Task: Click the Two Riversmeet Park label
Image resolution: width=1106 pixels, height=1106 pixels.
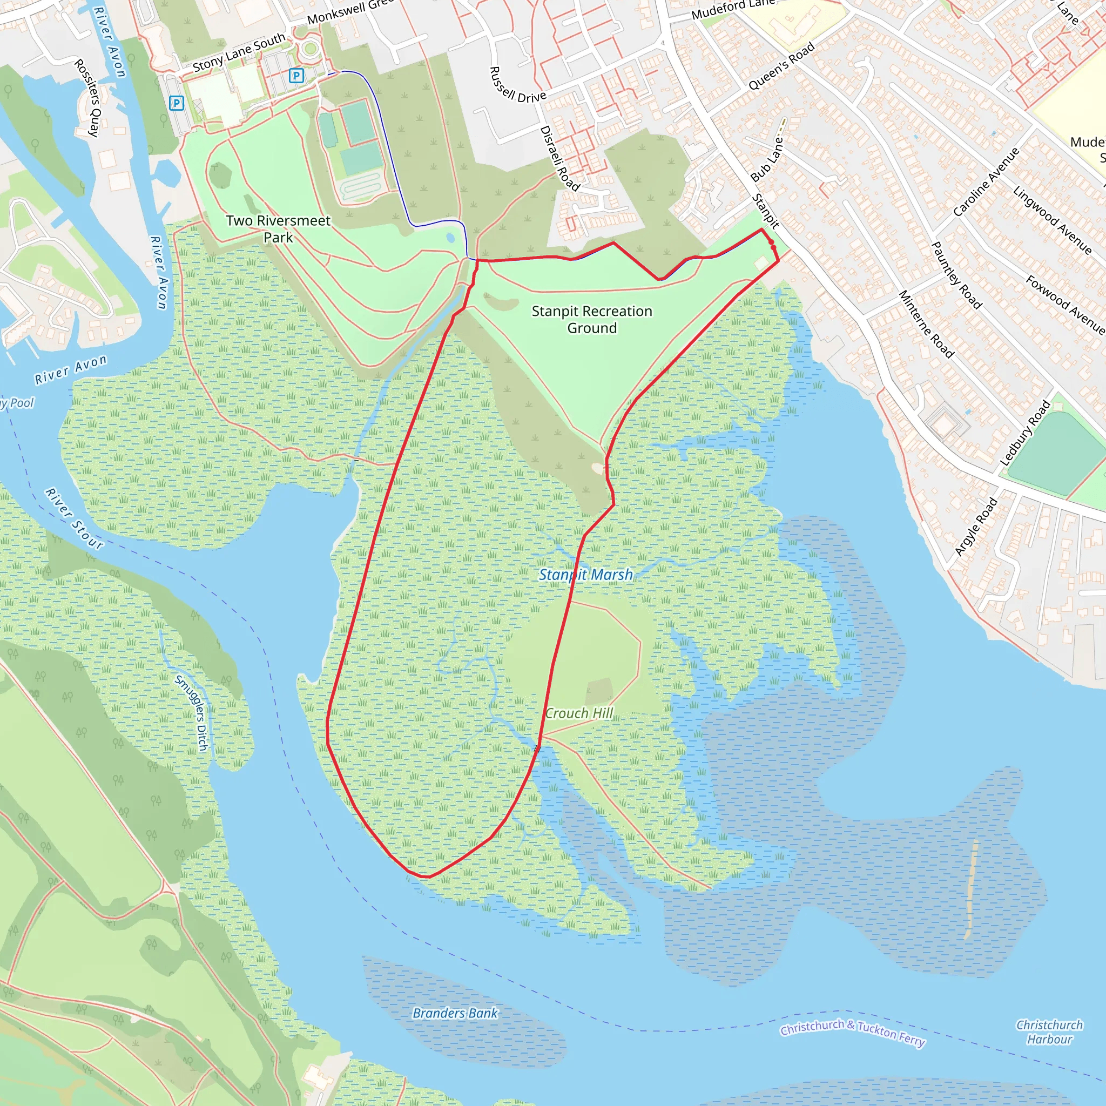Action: click(x=278, y=228)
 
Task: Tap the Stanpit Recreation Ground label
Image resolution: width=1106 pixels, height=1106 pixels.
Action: click(x=591, y=320)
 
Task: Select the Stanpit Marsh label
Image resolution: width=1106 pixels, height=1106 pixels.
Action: click(x=585, y=575)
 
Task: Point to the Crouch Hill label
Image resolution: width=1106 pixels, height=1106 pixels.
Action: click(x=579, y=713)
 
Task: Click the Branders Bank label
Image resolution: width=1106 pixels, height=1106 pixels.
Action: click(x=455, y=1029)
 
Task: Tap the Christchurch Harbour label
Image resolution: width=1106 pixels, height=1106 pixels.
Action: click(x=1049, y=1031)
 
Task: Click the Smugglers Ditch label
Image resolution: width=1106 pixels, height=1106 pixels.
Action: click(x=192, y=712)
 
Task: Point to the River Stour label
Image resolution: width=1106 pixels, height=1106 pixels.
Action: click(x=75, y=518)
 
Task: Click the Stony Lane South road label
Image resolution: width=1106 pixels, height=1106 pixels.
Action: click(x=239, y=53)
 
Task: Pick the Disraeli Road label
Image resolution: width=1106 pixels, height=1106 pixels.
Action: click(x=559, y=158)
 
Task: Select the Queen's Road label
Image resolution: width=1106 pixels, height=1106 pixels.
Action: click(x=781, y=67)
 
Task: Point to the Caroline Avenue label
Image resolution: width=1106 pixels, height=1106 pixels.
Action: click(x=986, y=182)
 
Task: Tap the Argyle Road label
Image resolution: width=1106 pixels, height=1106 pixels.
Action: click(x=976, y=527)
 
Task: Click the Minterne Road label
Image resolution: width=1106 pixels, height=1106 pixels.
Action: click(x=926, y=324)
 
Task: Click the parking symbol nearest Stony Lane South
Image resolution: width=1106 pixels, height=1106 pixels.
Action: click(x=296, y=75)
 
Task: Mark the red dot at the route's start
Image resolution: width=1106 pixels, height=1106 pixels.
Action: click(x=772, y=244)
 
